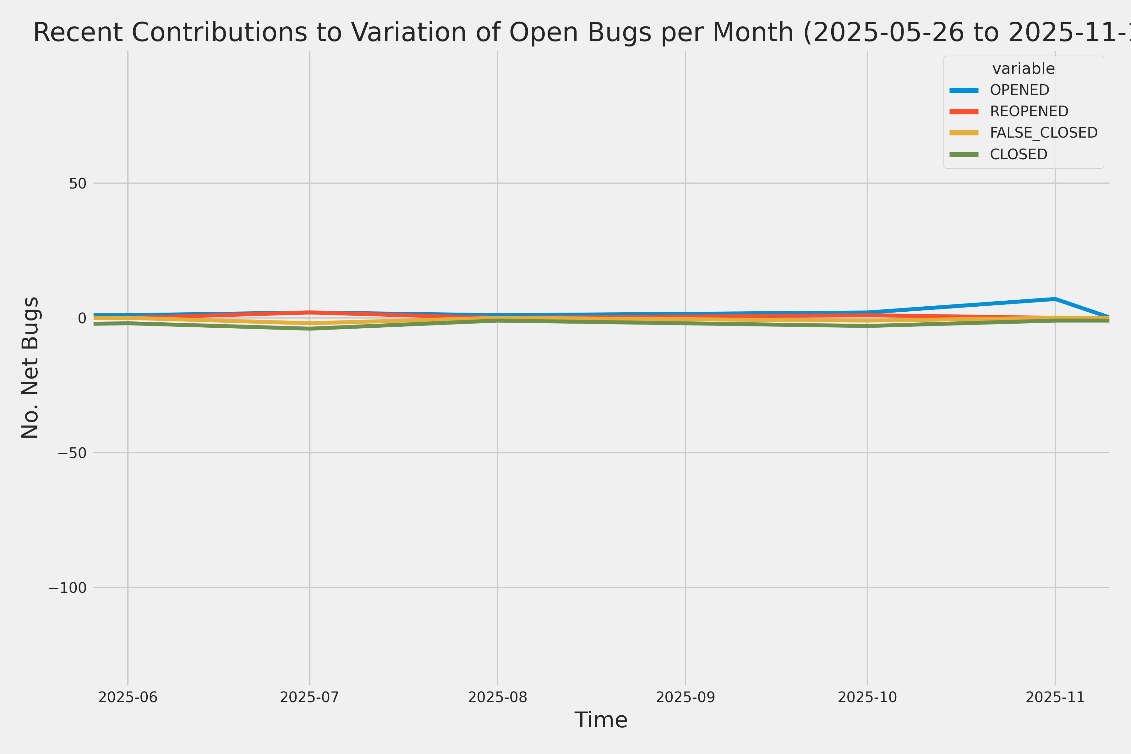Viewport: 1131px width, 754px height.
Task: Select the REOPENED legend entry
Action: tap(1029, 111)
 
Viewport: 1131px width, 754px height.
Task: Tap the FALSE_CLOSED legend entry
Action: tap(1043, 133)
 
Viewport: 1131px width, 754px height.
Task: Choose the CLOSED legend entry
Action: tap(1018, 154)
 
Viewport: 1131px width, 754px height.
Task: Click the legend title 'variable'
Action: tap(1023, 69)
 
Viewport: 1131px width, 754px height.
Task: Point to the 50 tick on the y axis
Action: tap(77, 183)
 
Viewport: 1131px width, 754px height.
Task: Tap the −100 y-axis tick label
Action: tap(67, 587)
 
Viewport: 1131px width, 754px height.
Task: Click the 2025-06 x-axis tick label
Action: tap(128, 697)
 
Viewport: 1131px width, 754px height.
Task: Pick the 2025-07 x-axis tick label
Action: tap(310, 697)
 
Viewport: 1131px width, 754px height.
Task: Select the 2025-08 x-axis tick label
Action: tap(498, 697)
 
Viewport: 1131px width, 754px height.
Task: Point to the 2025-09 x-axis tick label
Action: tap(685, 697)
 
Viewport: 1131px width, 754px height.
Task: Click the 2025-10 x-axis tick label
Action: tap(867, 697)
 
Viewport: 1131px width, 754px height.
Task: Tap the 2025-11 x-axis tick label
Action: tap(1055, 697)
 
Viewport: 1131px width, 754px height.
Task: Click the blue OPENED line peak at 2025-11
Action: tap(1055, 299)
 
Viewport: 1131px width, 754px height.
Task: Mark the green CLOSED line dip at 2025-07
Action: tap(310, 329)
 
